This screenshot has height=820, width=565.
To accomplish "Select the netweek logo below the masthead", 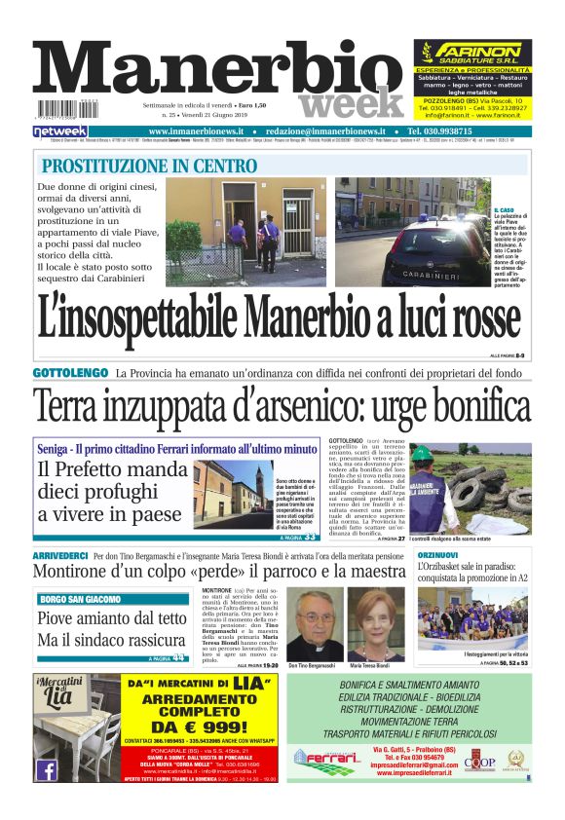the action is tap(60, 130).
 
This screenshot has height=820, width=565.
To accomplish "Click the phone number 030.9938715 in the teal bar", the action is tap(451, 130).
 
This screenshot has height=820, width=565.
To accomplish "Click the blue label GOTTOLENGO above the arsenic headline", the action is tap(70, 373).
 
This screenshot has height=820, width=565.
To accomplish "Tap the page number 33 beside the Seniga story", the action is tap(311, 537).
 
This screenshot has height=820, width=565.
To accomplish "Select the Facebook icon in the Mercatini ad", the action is tap(46, 769).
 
